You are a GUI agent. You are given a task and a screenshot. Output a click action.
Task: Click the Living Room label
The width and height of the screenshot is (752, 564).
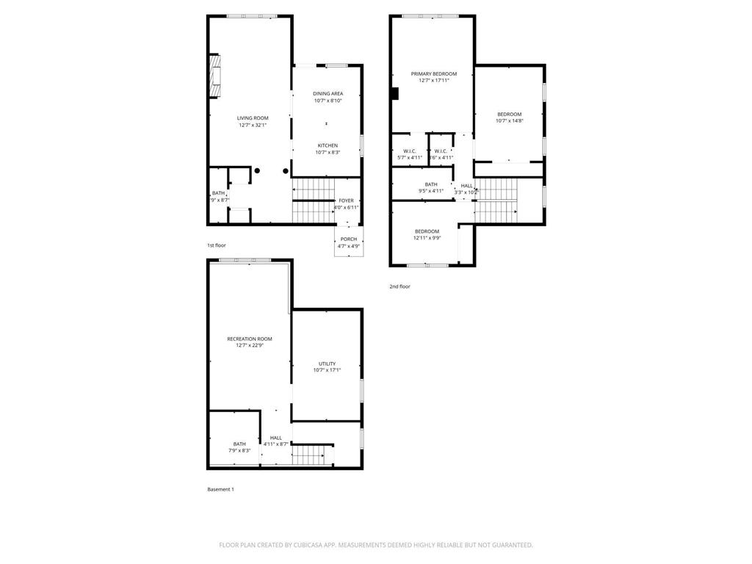pos(252,118)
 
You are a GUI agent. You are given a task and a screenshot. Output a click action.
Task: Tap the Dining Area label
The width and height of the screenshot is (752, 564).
pos(328,94)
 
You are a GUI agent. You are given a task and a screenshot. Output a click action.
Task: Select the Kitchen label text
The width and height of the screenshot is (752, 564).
pos(328,145)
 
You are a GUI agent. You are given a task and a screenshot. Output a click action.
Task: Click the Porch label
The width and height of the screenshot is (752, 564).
pos(349,239)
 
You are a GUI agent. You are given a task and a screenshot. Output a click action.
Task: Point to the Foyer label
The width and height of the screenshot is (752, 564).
pos(346,200)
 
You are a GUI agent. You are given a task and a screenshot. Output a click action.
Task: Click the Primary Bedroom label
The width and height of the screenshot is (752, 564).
pos(433,74)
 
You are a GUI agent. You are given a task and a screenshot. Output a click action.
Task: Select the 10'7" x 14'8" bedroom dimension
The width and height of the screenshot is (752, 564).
pos(509,121)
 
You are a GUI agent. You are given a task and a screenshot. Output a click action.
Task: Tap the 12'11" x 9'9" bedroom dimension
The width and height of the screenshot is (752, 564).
pos(427,238)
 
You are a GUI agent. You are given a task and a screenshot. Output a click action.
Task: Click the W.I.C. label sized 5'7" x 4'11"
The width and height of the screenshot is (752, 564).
pos(410,151)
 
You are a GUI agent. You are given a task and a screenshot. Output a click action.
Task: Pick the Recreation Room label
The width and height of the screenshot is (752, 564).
pos(249,339)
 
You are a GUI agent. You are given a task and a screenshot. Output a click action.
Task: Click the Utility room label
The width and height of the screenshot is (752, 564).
pos(327,364)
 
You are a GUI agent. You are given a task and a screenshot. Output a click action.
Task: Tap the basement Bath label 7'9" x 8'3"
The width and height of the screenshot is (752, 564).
pos(239,444)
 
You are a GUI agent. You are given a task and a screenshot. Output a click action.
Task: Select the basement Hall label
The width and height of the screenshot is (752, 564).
pos(275,438)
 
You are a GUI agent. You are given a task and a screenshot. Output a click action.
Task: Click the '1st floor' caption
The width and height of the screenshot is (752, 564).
pos(217,245)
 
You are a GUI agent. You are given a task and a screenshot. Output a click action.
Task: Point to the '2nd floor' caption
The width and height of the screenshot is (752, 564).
pos(399,286)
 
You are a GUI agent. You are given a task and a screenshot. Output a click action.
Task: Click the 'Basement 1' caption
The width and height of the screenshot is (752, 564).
pos(220,489)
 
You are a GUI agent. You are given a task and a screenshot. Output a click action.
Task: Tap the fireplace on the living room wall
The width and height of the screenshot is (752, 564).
pos(214,76)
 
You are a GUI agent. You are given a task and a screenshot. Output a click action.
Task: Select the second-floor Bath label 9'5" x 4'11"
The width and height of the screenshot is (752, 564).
pos(431,184)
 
